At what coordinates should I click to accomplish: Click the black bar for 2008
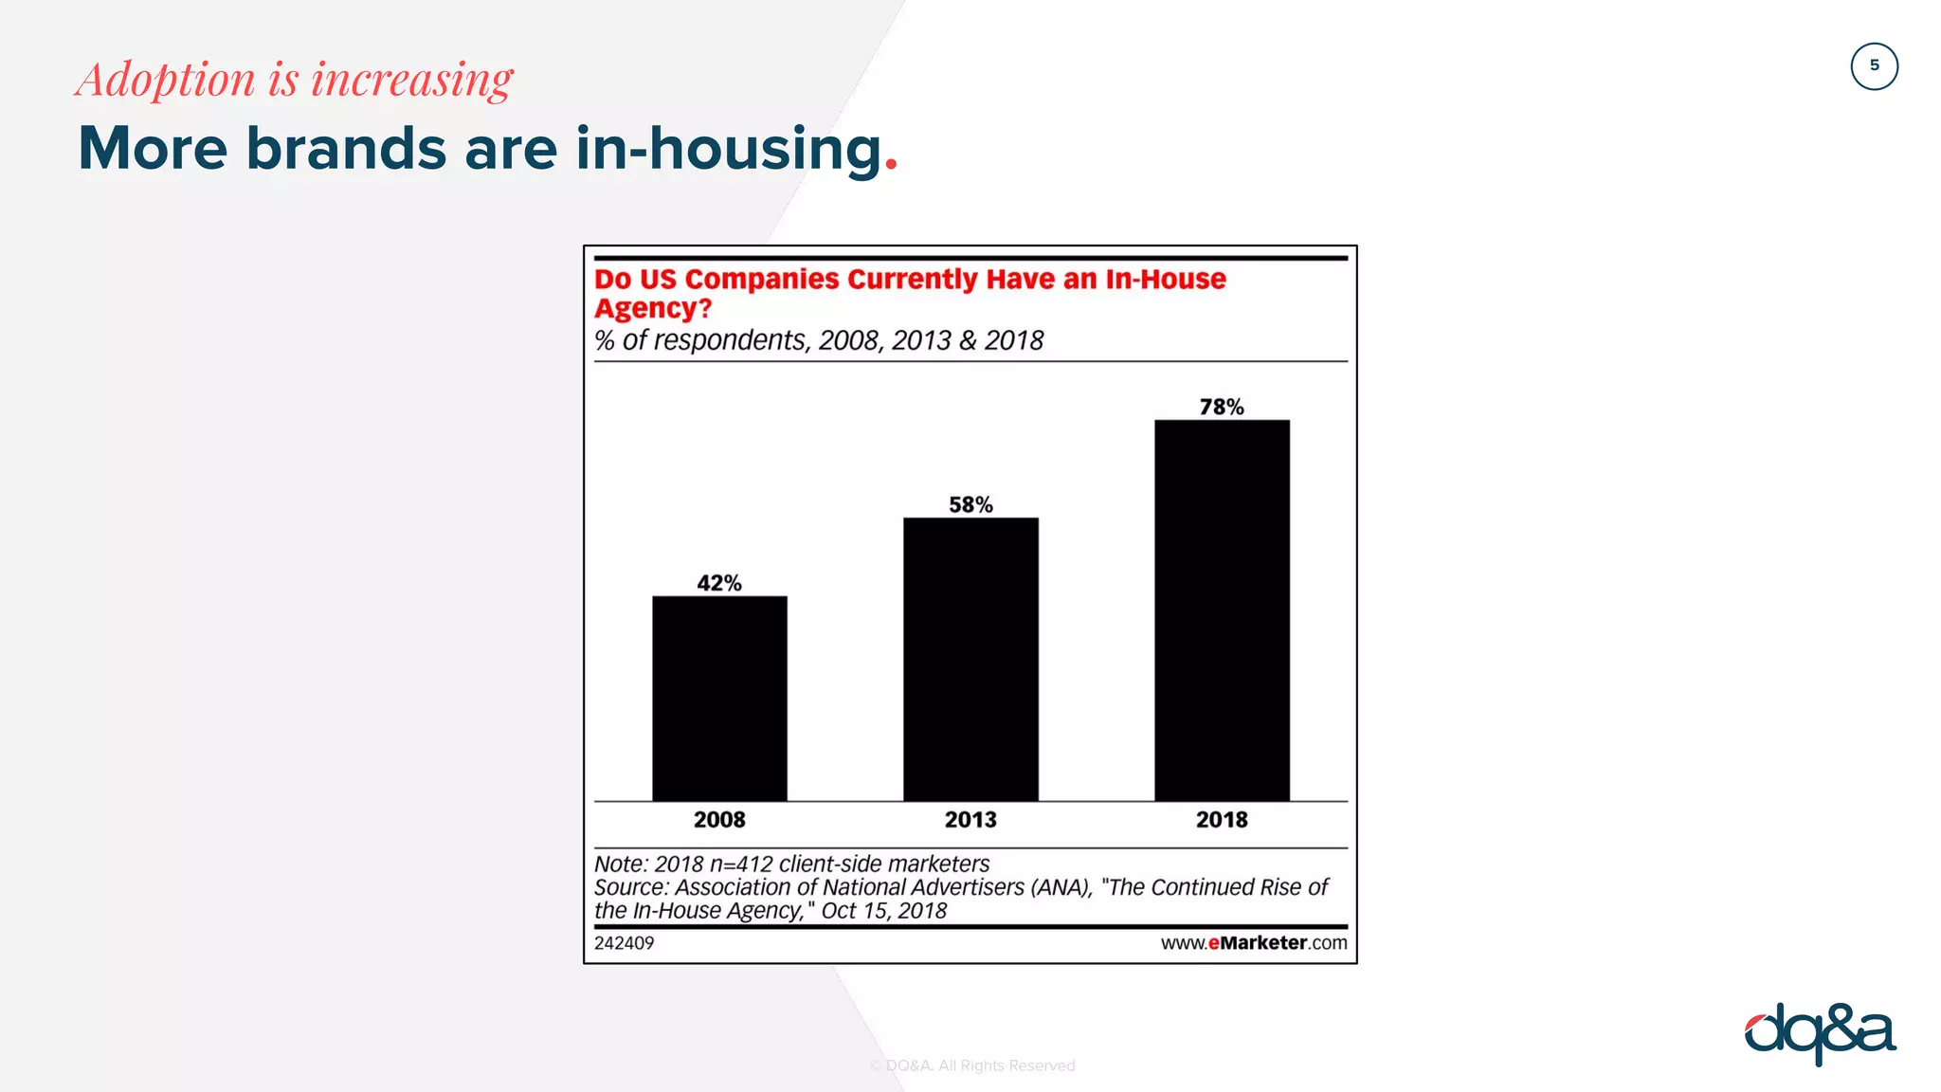point(719,699)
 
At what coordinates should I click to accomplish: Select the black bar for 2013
point(970,659)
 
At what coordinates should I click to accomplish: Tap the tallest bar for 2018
point(1222,610)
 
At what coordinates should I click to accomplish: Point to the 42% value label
point(719,583)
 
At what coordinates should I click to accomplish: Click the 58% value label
point(970,504)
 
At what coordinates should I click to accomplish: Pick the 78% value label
point(1222,407)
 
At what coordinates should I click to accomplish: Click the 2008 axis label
point(719,820)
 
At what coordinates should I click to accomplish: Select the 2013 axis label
point(970,820)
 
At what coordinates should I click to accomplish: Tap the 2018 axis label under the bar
point(1222,820)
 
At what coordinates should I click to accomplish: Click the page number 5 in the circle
point(1874,66)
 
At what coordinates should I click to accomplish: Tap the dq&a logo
point(1820,1033)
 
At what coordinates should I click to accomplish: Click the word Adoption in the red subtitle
point(167,80)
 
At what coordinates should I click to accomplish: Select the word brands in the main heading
point(346,149)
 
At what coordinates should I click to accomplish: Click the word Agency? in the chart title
point(653,309)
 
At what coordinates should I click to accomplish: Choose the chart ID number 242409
point(624,943)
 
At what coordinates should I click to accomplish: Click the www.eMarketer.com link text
point(1253,943)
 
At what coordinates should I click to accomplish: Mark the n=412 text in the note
point(741,864)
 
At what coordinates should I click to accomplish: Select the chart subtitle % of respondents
point(701,340)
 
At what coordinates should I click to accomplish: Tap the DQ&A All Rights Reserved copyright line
point(972,1065)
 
